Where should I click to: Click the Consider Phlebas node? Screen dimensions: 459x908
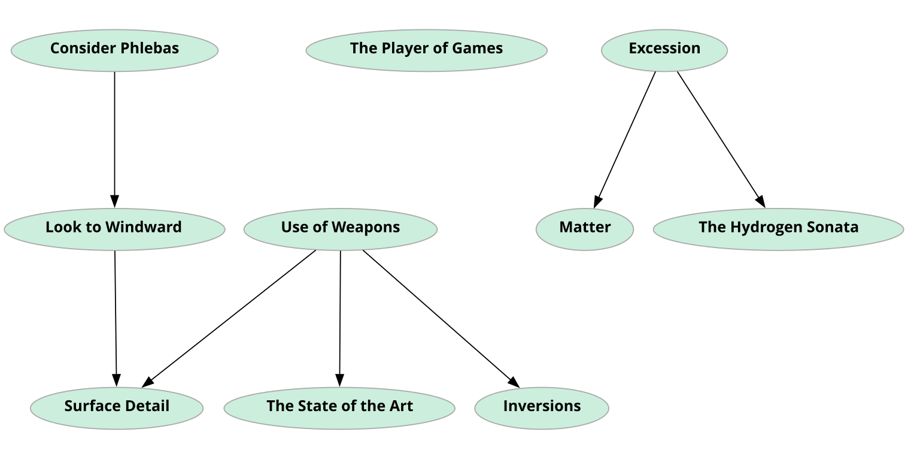(x=114, y=50)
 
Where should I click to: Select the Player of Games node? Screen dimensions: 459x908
(x=426, y=50)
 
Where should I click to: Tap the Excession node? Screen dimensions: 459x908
(x=664, y=50)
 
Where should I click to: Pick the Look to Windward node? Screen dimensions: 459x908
(x=114, y=228)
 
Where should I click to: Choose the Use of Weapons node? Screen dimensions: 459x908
(x=340, y=228)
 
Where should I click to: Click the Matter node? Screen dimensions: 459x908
(x=584, y=228)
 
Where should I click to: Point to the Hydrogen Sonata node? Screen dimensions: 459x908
(x=778, y=228)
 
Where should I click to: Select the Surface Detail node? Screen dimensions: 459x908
(x=117, y=407)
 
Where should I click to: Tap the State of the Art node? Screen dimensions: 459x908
(x=339, y=407)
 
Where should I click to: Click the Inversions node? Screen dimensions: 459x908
(x=541, y=407)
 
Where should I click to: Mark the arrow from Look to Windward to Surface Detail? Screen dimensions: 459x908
(x=116, y=318)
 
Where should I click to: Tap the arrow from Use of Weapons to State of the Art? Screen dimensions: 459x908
(x=340, y=318)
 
